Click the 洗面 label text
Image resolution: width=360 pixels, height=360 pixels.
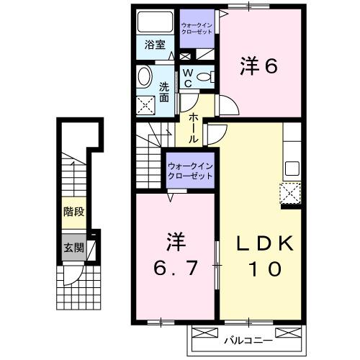point(164,92)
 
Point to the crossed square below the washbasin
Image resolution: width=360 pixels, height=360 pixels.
point(148,106)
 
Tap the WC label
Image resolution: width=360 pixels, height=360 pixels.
point(187,78)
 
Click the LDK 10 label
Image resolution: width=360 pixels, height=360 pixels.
point(266,256)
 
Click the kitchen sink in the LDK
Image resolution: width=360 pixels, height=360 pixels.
point(292,169)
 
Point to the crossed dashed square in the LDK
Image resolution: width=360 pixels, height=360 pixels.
point(290,192)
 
